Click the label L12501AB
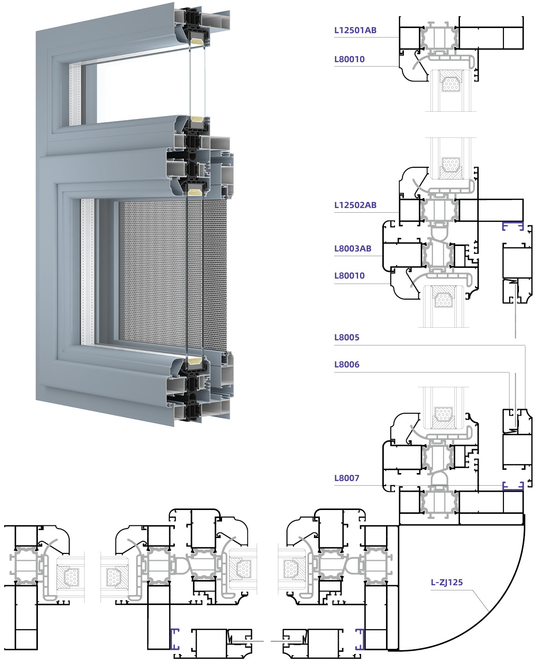(x=355, y=30)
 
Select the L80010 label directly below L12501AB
(x=349, y=59)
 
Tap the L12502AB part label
(x=355, y=205)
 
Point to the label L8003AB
(x=352, y=249)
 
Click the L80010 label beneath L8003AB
(x=349, y=276)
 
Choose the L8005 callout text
(x=346, y=338)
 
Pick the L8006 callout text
(x=346, y=365)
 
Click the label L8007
(x=346, y=478)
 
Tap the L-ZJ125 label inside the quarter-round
(x=446, y=582)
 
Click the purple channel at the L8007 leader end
(x=513, y=486)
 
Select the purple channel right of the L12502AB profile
(x=513, y=226)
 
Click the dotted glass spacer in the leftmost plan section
(x=72, y=577)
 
